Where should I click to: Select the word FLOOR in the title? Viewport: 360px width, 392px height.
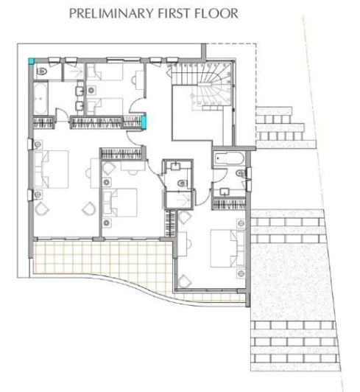[x=216, y=13]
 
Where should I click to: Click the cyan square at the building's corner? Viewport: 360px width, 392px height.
[x=31, y=61]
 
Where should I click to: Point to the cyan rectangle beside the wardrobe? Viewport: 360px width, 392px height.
[x=144, y=122]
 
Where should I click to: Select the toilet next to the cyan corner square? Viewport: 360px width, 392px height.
[x=42, y=71]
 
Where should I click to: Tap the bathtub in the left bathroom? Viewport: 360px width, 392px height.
[x=40, y=99]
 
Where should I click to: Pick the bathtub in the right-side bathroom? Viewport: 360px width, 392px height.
[x=229, y=158]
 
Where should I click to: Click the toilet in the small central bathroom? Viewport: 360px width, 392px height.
[x=183, y=183]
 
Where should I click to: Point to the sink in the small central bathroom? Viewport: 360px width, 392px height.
[x=177, y=166]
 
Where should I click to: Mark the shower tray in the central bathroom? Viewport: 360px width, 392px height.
[x=179, y=200]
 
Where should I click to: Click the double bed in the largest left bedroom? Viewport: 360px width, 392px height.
[x=52, y=169]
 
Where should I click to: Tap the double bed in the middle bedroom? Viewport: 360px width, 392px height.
[x=120, y=203]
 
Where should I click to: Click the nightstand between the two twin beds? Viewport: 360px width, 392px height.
[x=91, y=90]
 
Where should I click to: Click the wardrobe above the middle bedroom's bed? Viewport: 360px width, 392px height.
[x=121, y=154]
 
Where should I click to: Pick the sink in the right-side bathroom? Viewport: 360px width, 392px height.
[x=225, y=192]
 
